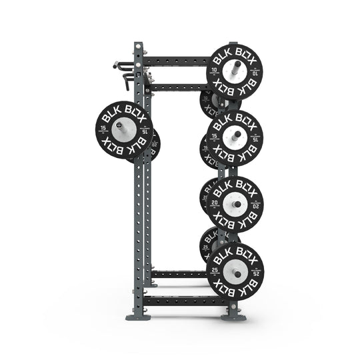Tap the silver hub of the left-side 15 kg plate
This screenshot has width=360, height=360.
click(x=125, y=129)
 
